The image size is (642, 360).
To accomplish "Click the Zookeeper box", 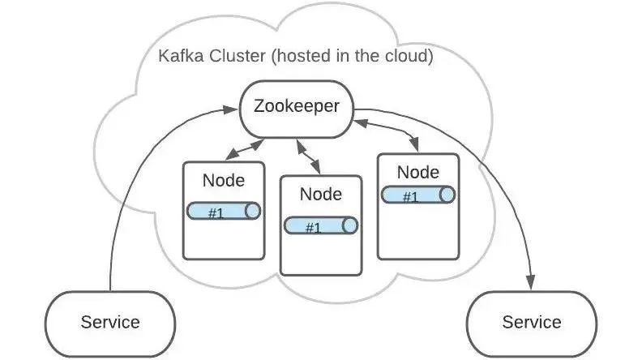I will click(x=296, y=107).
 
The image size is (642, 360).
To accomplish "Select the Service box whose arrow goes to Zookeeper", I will click(x=110, y=322).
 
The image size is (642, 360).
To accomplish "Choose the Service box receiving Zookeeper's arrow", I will click(x=531, y=322).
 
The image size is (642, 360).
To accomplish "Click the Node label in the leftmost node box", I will click(x=223, y=180).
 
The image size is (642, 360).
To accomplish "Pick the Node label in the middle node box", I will click(x=320, y=195).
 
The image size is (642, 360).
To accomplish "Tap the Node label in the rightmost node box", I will click(x=418, y=172).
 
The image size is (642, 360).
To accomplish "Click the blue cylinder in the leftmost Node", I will click(x=224, y=212).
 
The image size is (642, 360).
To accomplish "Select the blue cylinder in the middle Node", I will click(x=321, y=226).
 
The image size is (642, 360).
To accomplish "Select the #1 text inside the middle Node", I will click(x=313, y=227).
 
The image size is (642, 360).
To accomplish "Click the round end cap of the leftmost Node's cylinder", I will click(x=252, y=212).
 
